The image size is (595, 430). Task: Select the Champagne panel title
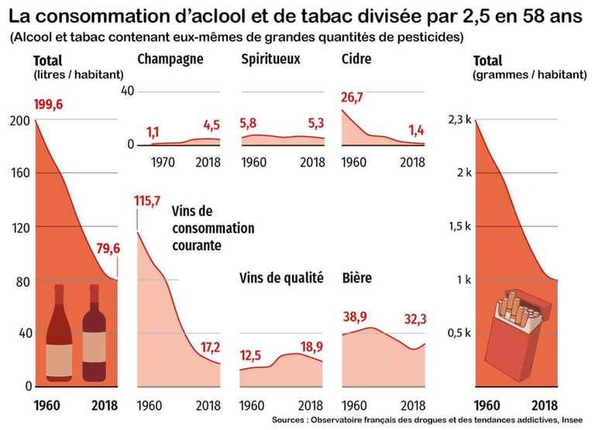pos(170,60)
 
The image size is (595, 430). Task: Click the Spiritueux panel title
pos(270,60)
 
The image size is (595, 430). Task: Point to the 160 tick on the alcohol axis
pos(21,173)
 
